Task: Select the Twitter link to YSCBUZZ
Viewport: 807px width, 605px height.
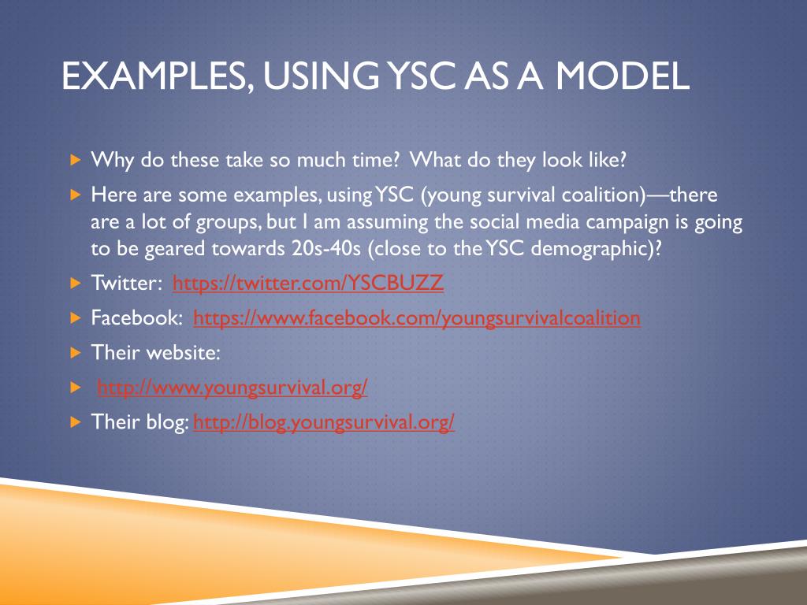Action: (x=308, y=284)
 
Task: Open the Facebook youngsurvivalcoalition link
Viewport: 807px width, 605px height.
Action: (x=416, y=318)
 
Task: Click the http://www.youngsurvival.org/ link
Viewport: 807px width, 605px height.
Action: (x=232, y=388)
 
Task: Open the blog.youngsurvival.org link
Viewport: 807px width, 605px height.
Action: (x=324, y=422)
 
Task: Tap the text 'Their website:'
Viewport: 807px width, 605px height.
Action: (x=155, y=353)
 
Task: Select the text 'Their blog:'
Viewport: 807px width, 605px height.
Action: (x=139, y=422)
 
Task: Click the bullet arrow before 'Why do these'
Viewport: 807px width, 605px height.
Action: (x=75, y=161)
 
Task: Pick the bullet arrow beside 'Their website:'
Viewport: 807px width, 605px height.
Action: (x=75, y=353)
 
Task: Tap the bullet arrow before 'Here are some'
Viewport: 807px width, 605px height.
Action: (x=75, y=195)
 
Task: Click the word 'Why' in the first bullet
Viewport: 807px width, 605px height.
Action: (x=110, y=161)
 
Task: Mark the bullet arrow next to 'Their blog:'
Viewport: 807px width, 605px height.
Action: (x=75, y=422)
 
